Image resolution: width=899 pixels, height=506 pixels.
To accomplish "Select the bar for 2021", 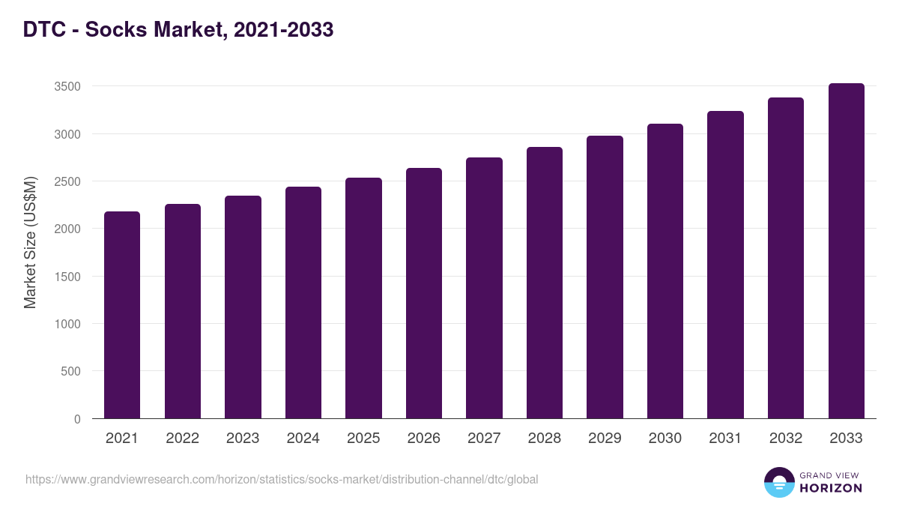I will click(122, 315).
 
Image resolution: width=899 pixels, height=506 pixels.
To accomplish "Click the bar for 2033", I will click(846, 251).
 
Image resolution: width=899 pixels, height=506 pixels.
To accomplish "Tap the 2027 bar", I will click(484, 288).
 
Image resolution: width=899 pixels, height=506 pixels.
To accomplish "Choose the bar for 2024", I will click(303, 303).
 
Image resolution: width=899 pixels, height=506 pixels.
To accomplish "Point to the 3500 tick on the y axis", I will click(67, 87).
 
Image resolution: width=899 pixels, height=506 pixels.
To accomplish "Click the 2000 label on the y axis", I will click(67, 229).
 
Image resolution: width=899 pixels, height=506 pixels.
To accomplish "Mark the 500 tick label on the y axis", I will click(71, 372).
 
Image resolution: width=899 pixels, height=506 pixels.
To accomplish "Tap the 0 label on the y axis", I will click(77, 419).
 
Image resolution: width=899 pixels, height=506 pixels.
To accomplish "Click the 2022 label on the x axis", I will click(183, 439).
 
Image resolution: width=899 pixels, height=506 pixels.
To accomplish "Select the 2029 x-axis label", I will click(605, 439).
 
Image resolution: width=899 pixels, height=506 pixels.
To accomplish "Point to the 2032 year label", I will click(786, 439).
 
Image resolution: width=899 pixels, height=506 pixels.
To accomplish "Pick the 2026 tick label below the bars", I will click(424, 439).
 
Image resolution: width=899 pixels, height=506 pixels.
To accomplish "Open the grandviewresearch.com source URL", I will click(282, 479).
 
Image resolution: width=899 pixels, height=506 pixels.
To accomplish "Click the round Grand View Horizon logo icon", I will click(778, 482).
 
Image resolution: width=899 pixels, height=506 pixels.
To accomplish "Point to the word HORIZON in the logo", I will click(831, 488).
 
